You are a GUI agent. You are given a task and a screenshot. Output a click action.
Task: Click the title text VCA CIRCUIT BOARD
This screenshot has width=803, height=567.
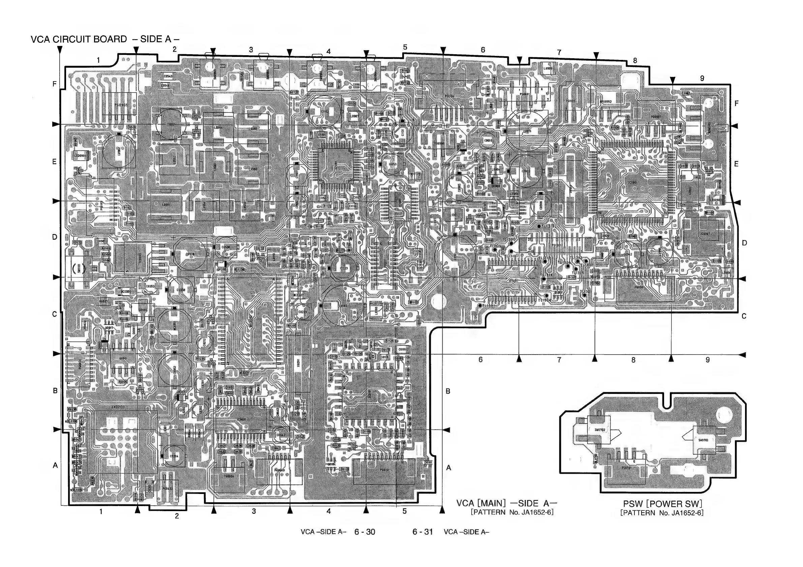pyautogui.click(x=79, y=39)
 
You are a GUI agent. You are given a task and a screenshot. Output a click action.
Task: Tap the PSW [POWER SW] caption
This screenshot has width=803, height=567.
pyautogui.click(x=662, y=504)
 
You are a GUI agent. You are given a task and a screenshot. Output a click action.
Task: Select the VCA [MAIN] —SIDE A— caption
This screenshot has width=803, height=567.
pyautogui.click(x=506, y=503)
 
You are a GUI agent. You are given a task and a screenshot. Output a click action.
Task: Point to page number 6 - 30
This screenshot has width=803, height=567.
pyautogui.click(x=364, y=532)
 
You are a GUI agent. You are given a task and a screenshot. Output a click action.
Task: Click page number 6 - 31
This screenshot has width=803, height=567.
pyautogui.click(x=422, y=532)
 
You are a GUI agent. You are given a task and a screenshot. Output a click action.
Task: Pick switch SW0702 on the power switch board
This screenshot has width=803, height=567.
pyautogui.click(x=599, y=430)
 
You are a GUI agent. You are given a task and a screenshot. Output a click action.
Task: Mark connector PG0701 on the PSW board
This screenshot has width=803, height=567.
pyautogui.click(x=626, y=468)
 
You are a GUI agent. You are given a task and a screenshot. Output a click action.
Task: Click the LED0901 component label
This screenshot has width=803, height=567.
pyautogui.click(x=80, y=156)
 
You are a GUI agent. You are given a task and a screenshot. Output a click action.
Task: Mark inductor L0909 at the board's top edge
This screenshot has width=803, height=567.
pyautogui.click(x=548, y=69)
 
